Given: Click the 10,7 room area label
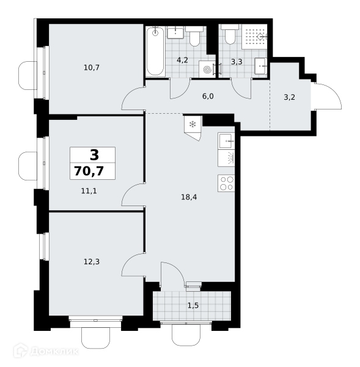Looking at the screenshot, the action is coord(92,68).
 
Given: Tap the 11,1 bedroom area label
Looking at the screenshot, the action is coord(89,191).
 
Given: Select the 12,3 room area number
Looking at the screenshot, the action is coord(92,262).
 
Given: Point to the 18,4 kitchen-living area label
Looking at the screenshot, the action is coord(189,197).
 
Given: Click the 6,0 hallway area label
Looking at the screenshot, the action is coord(208,97).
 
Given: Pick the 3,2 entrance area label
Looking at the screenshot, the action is coord(289,97).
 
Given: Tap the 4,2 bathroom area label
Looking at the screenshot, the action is coord(182,61).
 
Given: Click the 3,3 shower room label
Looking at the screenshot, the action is coord(237,62).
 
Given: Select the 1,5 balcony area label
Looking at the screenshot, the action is coord(193,305).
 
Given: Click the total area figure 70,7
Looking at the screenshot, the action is coord(89,171).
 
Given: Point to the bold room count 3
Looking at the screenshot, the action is coord(94,155).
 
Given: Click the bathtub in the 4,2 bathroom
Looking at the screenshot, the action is coord(155,51).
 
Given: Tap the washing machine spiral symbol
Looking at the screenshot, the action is coord(207,70).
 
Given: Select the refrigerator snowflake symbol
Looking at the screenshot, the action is coord(193,124).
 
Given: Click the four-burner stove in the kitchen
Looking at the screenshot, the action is coord(226,183).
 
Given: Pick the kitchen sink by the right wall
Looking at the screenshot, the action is coord(226,141).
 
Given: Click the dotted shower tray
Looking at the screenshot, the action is coord(254,37).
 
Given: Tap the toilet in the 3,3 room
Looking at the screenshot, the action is coord(230,34).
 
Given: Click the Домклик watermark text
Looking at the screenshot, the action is coord(54,351).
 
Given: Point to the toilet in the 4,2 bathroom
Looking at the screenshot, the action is coord(194,36).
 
